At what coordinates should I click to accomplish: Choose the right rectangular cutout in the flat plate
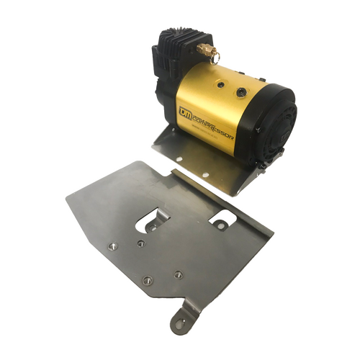tap(217, 215)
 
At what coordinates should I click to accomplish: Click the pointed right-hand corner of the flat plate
tap(274, 232)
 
